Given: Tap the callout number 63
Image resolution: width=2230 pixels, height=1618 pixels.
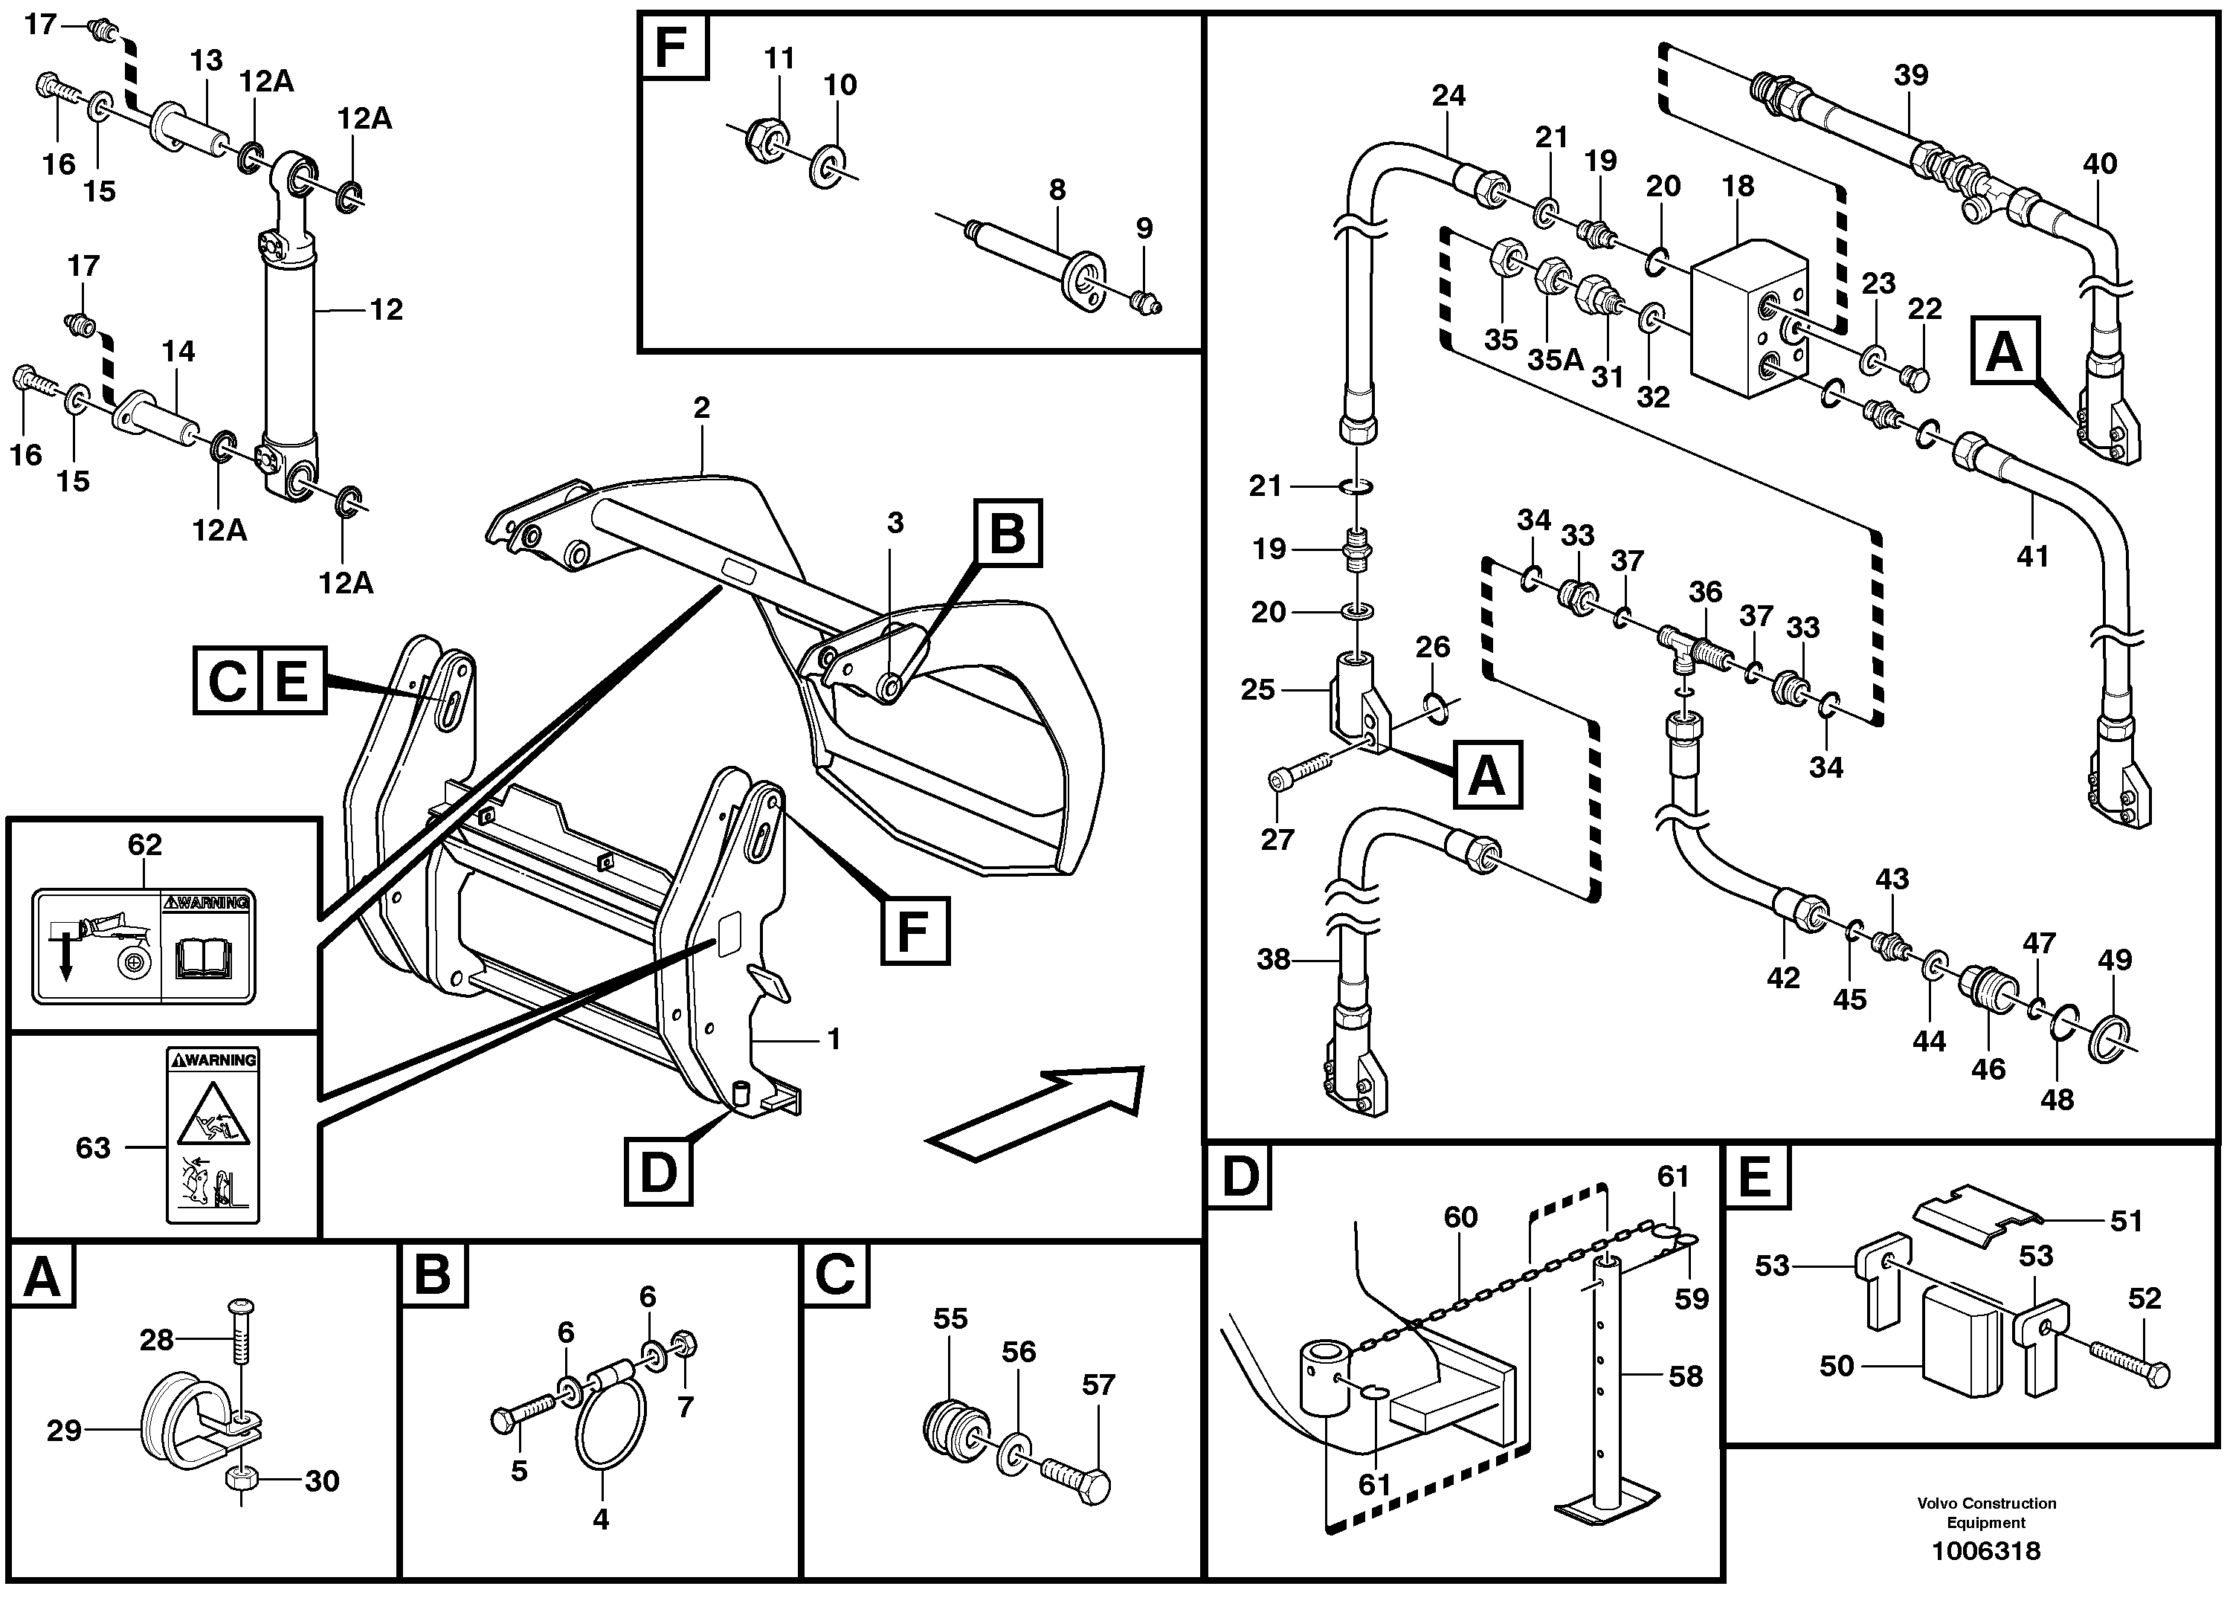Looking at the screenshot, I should pos(94,1147).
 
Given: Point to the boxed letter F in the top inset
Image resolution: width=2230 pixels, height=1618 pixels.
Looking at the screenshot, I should pos(672,46).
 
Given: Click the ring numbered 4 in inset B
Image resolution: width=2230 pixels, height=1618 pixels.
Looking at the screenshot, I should pos(610,1435).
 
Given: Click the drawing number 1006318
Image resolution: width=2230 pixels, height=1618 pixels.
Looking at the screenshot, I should pos(1985,1552).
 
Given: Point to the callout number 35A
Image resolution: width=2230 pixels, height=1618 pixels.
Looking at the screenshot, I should pos(1555,361).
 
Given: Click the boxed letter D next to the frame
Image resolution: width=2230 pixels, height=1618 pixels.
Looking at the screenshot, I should pos(658,1172).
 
